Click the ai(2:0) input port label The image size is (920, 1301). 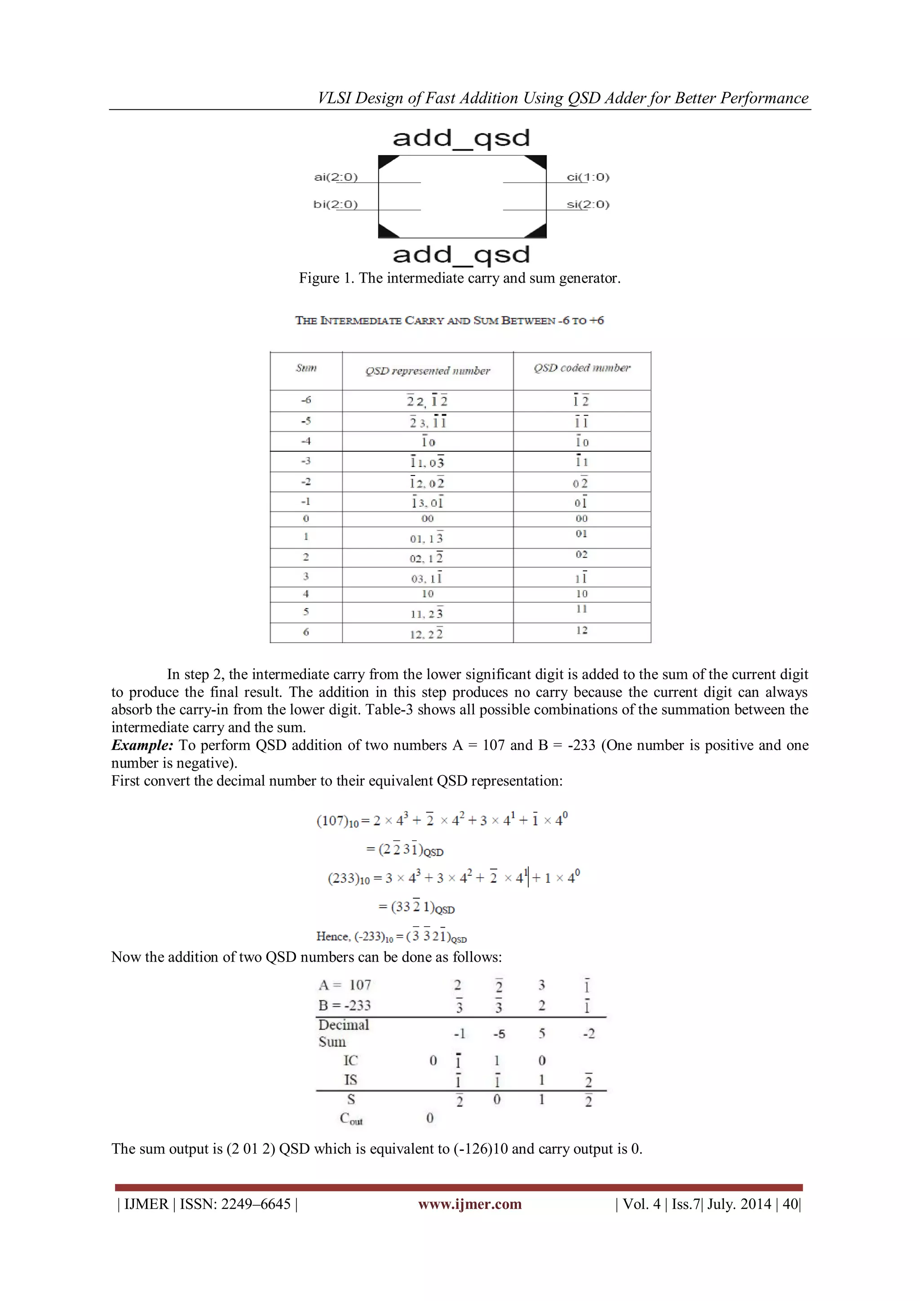tap(336, 178)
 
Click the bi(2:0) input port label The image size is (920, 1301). tap(336, 204)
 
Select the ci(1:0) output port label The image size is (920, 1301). tap(588, 178)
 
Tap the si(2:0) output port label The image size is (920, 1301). tap(588, 204)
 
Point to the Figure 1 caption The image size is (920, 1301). tap(460, 278)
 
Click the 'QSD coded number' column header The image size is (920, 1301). tap(582, 369)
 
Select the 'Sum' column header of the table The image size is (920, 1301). tap(306, 369)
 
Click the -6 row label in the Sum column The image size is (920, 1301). tap(306, 400)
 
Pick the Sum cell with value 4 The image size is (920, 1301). tap(306, 594)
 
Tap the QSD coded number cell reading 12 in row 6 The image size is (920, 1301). tap(582, 630)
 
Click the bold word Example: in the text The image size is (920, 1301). tap(142, 745)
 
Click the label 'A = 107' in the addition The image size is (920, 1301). tap(345, 986)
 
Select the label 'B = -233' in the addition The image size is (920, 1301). tap(345, 1006)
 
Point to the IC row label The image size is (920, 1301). tap(351, 1060)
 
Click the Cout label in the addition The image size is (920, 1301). tap(351, 1119)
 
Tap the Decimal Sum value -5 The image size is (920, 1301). tap(499, 1034)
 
